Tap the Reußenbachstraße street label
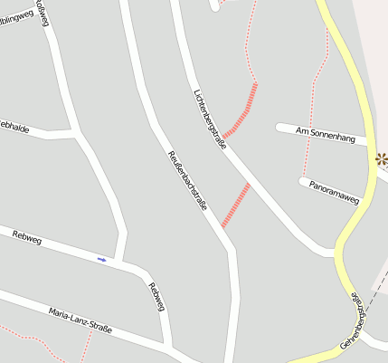188,180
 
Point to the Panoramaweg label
334,189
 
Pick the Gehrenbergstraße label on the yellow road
359,319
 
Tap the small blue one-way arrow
101,260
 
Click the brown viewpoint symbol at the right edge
382,160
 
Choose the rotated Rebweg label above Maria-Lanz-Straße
156,298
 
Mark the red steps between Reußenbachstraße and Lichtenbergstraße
235,205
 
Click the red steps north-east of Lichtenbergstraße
241,110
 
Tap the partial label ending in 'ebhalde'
14,129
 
